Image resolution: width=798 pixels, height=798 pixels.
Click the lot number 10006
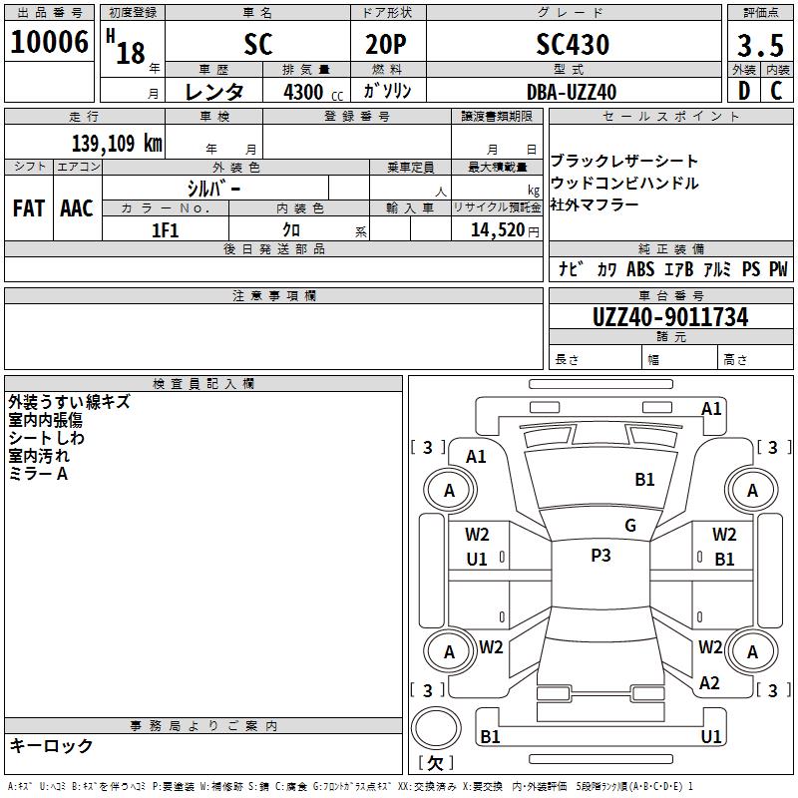point(49,43)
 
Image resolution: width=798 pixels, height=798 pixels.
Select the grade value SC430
point(573,44)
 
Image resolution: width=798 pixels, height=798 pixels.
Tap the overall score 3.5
point(758,46)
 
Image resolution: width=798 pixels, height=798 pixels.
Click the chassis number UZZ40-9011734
point(670,317)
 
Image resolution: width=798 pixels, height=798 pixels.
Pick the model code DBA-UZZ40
point(572,92)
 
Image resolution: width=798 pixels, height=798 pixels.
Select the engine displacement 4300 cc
point(303,92)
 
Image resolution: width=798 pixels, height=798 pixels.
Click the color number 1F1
point(165,230)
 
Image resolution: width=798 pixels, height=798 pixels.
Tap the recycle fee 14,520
point(497,230)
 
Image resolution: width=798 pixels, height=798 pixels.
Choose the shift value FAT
point(29,208)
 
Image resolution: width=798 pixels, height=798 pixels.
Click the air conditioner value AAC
point(77,208)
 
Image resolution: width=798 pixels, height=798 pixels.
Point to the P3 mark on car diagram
point(600,556)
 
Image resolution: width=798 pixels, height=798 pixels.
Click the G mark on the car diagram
point(630,526)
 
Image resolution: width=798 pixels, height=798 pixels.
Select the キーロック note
point(51,746)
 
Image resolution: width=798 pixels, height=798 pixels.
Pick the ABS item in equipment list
point(640,269)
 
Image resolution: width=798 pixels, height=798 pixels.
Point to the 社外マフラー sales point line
point(595,205)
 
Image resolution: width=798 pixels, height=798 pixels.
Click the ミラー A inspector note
point(38,474)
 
